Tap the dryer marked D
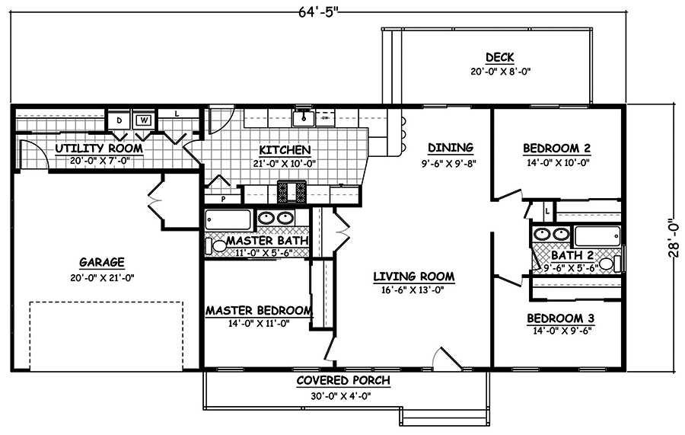(x=119, y=120)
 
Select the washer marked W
(x=142, y=120)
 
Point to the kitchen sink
(x=305, y=117)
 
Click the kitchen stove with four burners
(x=292, y=192)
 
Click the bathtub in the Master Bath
(x=228, y=220)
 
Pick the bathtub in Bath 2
(x=598, y=236)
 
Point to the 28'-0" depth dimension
(x=674, y=238)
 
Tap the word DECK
(x=499, y=58)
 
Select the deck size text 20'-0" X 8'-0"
(x=499, y=72)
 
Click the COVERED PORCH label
(x=343, y=381)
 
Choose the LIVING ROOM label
(x=413, y=277)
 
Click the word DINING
(x=450, y=148)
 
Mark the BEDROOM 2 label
(x=557, y=148)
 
